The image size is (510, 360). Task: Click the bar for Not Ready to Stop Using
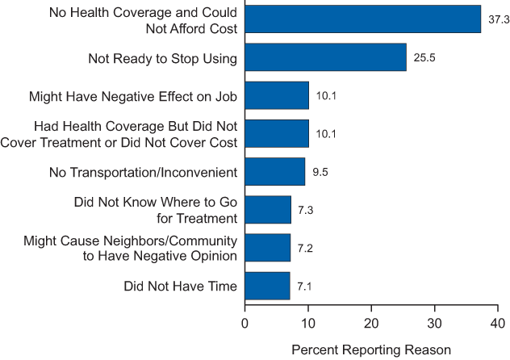325,57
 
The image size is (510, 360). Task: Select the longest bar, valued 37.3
362,19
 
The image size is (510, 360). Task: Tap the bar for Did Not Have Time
267,286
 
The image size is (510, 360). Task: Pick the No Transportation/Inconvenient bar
274,171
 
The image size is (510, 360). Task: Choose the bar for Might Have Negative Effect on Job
276,95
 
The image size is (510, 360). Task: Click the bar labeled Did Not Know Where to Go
268,210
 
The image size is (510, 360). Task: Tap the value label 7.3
307,211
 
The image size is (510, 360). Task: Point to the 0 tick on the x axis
245,323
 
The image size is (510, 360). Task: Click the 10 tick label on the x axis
307,323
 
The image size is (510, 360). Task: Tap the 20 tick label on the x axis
371,323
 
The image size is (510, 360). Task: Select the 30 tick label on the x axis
434,323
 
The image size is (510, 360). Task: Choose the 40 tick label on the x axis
498,323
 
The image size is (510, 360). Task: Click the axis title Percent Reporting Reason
370,350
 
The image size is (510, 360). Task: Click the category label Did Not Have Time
180,286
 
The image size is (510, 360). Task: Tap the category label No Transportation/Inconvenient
133,171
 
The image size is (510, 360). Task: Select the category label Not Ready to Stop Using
161,57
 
